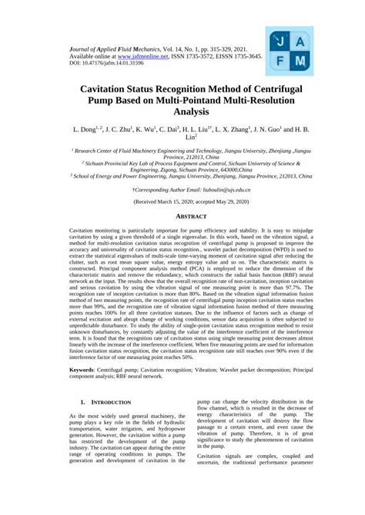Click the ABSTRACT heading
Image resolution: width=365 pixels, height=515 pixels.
tap(182, 217)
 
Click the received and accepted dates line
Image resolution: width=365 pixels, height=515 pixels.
tap(182, 201)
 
